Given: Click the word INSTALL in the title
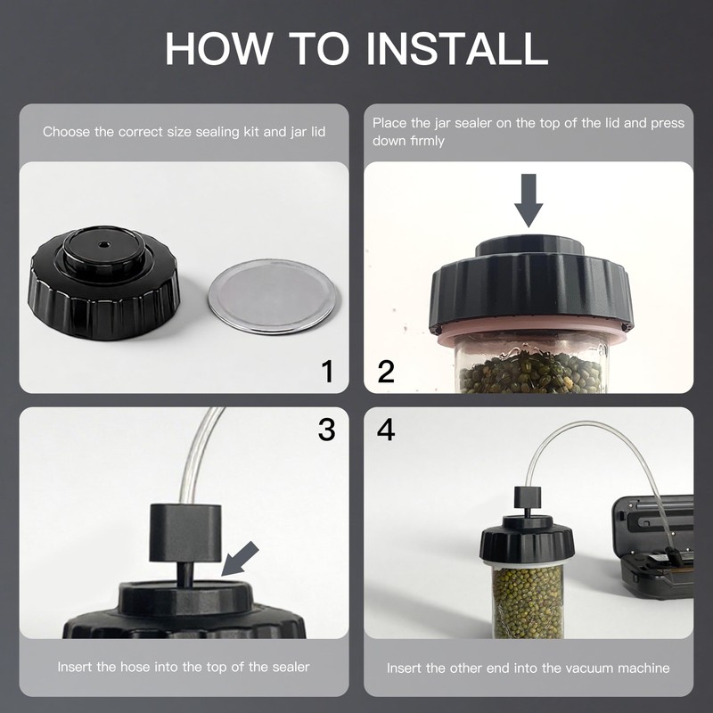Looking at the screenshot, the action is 456,49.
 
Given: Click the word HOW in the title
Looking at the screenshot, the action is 217,49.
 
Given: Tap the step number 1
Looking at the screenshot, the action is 327,371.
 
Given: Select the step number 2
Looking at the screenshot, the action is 386,371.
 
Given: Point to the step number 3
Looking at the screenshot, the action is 326,430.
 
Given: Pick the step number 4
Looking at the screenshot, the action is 386,430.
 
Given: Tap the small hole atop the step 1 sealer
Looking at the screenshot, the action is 102,244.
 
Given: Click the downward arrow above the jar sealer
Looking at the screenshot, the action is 529,200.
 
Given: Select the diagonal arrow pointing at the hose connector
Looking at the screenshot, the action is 240,559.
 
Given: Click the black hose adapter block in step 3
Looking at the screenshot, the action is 185,532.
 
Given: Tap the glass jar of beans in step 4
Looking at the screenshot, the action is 529,599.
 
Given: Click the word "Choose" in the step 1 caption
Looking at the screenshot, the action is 66,132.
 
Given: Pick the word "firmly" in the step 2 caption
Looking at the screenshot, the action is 427,141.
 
